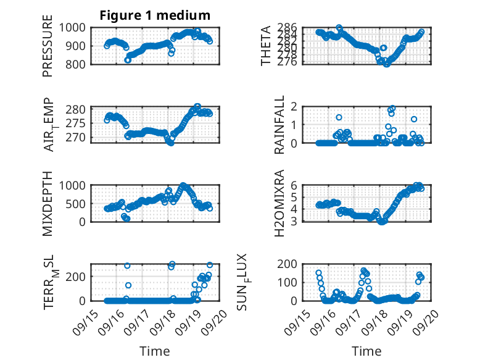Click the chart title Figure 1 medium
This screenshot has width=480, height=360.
tap(155, 15)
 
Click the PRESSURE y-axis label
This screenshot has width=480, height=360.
tap(48, 46)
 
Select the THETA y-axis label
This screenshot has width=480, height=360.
tap(266, 46)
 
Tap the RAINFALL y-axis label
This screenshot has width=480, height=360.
tap(279, 125)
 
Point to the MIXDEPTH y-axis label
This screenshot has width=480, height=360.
tap(48, 203)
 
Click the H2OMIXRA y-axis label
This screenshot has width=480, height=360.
tap(279, 203)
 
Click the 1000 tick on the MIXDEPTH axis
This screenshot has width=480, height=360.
tap(75, 185)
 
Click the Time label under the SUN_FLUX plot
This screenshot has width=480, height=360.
tap(366, 351)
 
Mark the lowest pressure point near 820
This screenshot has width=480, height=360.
tap(128, 60)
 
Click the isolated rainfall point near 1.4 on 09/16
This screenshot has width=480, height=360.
tap(339, 117)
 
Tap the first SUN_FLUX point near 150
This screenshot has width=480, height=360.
tap(319, 273)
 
